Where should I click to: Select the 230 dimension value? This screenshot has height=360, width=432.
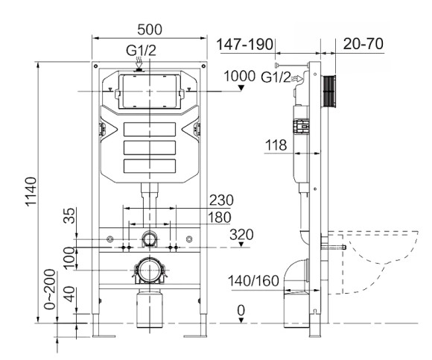click(220, 200)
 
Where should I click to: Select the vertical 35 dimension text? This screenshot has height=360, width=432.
click(69, 217)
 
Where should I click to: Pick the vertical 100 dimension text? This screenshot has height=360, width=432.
click(69, 257)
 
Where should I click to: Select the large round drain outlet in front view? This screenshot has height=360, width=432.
click(149, 269)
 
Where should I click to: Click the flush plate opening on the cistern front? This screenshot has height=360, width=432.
click(149, 92)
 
